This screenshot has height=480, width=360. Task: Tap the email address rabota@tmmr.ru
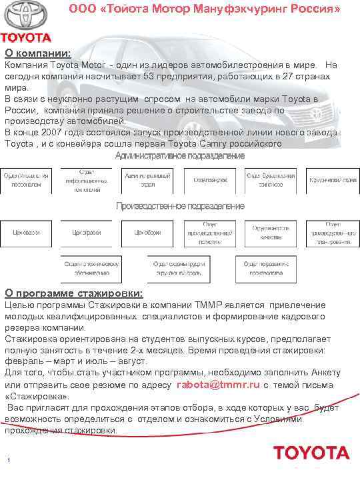tap(217, 385)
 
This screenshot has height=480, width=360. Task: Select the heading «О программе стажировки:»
tap(74, 293)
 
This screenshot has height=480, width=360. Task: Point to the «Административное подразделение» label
tap(180, 155)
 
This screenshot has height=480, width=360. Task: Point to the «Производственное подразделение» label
tap(180, 206)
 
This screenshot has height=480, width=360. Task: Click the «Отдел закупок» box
tap(210, 179)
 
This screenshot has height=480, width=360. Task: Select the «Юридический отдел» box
tap(331, 179)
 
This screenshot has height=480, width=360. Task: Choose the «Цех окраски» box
tap(87, 233)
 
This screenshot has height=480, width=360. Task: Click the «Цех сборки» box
tap(147, 233)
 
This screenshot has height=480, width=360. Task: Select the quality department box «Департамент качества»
tap(271, 233)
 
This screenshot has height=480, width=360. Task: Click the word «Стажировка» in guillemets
tap(31, 397)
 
